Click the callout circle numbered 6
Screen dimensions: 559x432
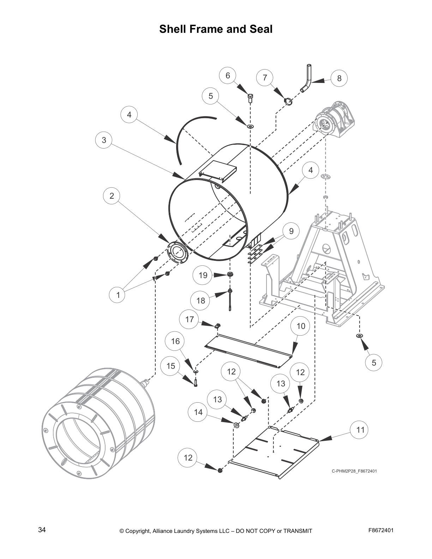228,76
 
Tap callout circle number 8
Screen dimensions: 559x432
339,78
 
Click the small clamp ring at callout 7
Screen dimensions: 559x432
288,102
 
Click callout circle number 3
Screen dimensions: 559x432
104,140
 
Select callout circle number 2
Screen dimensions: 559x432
112,196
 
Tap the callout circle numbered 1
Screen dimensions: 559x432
118,295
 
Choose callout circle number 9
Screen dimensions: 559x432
291,231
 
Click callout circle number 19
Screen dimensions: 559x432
203,275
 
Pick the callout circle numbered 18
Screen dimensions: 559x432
200,300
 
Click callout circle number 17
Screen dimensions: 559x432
190,319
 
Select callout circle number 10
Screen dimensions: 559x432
301,326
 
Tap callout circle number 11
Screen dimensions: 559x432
360,430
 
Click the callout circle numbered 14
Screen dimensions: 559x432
198,412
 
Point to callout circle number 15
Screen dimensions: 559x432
170,366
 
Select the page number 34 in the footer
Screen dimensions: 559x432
42,530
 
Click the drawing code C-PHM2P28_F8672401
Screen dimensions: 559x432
354,471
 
